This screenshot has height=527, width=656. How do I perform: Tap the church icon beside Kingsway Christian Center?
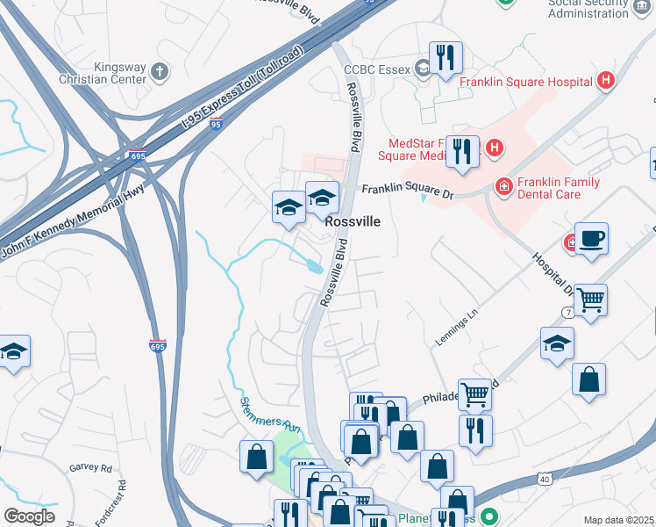(x=158, y=71)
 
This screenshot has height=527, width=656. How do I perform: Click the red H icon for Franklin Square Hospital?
(x=604, y=82)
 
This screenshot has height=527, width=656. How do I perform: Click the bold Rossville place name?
(x=353, y=222)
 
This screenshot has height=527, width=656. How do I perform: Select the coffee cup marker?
(x=591, y=239)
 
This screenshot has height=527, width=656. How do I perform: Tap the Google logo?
(x=28, y=516)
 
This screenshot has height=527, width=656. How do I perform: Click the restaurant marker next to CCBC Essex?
(x=446, y=58)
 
